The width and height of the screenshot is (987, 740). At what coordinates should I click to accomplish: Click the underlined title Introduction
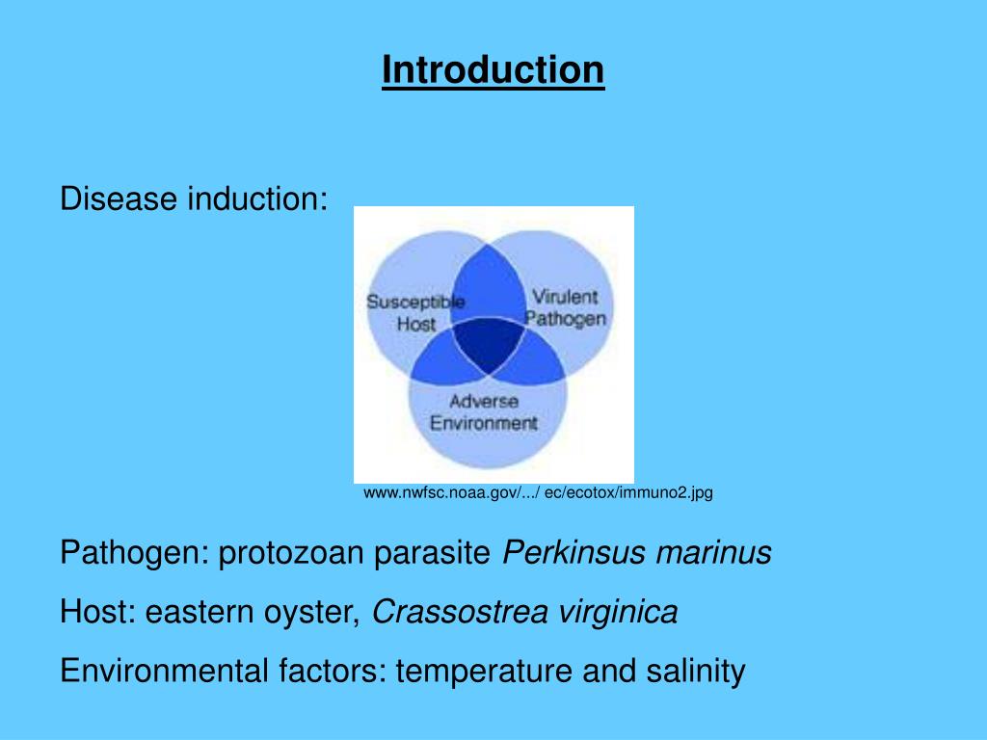[x=493, y=70]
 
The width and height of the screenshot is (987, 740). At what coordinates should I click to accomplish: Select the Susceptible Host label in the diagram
[x=415, y=313]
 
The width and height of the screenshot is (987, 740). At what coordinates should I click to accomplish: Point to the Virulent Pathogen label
[x=566, y=307]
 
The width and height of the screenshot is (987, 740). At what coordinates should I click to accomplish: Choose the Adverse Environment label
[x=484, y=411]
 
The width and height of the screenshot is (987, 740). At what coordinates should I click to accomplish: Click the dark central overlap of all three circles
[x=488, y=345]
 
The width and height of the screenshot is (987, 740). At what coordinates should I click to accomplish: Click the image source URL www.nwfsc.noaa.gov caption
[x=538, y=492]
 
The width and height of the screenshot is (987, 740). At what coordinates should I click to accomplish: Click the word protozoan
[x=292, y=553]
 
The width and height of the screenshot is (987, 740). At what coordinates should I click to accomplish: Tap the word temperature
[x=485, y=670]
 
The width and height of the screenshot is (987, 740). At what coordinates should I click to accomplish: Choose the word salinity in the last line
[x=698, y=670]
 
